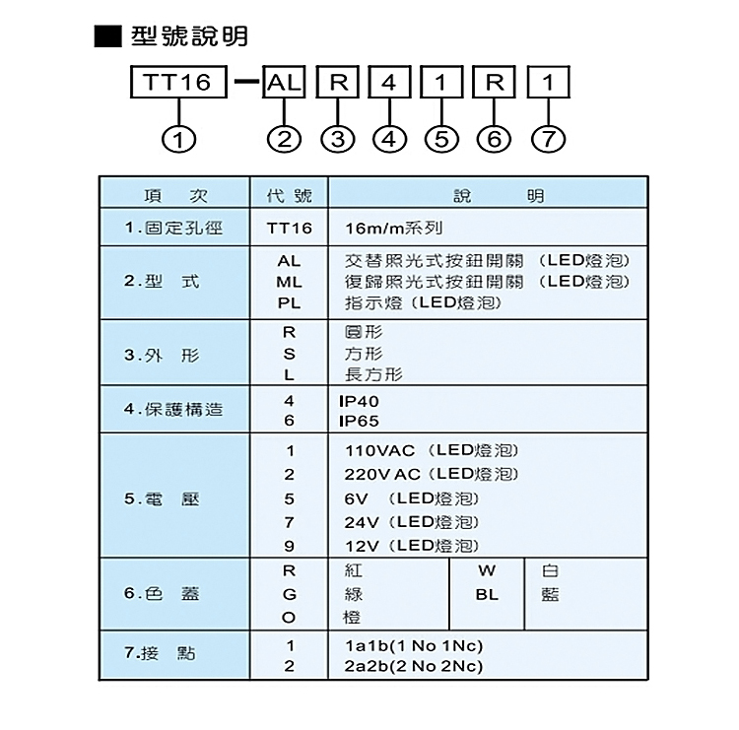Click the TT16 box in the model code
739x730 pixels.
tap(178, 82)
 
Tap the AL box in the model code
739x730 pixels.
tap(284, 82)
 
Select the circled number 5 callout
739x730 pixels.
tap(441, 140)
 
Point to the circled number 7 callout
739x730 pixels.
tap(548, 140)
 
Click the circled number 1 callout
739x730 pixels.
tap(178, 140)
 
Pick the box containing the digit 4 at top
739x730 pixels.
tap(389, 82)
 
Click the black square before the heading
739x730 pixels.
tap(108, 36)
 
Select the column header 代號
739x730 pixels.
tap(290, 195)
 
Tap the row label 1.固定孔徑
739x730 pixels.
tap(173, 229)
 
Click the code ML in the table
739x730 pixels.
tap(289, 282)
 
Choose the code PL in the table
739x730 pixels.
tap(289, 302)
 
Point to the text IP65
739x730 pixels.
tap(359, 421)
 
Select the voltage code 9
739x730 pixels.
tap(290, 546)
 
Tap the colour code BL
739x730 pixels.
tap(487, 595)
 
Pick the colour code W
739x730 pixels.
tap(487, 570)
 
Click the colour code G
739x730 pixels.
tap(290, 595)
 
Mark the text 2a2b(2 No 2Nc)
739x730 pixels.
tap(414, 666)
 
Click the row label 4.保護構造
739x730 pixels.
tap(173, 409)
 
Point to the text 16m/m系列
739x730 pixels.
tap(394, 229)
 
